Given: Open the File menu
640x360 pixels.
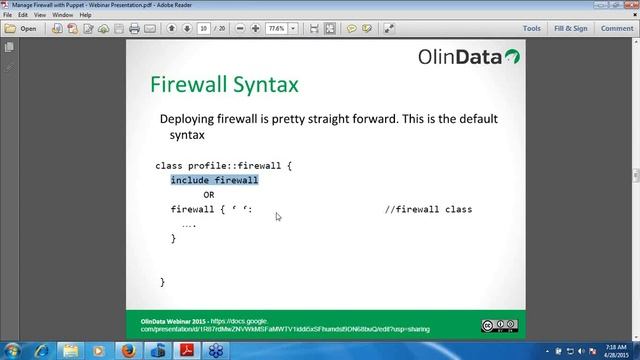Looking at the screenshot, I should tap(8, 16).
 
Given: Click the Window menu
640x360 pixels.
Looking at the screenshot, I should tap(63, 16).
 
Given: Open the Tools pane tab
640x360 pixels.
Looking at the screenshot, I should tap(531, 29).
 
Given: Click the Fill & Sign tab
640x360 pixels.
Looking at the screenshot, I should tap(570, 29).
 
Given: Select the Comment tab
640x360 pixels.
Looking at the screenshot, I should tap(616, 29).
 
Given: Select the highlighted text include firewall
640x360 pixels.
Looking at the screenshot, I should tap(214, 180).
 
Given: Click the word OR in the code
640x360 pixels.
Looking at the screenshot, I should tap(209, 195).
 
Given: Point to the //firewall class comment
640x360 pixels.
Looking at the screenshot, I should tap(428, 210).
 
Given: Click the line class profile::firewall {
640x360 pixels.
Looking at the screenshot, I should tap(223, 165).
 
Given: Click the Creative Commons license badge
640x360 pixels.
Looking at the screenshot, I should tap(500, 324).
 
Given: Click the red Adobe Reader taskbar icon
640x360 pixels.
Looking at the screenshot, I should tap(185, 349).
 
